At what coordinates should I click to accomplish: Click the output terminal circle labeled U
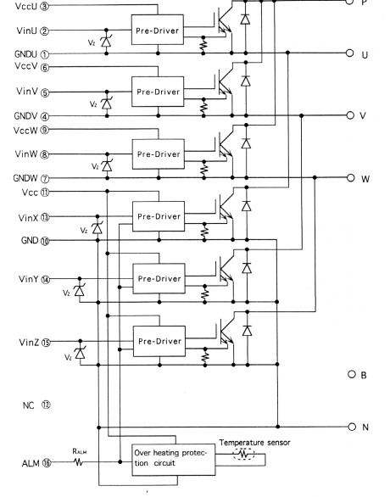pos(349,53)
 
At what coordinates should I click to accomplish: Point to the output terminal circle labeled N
pos(352,427)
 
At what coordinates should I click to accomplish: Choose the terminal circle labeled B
pos(352,374)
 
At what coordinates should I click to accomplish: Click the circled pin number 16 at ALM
pos(47,463)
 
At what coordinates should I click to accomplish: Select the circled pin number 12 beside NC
pos(46,405)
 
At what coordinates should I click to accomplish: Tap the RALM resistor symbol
pos(78,462)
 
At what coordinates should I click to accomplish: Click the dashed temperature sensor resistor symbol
pos(243,454)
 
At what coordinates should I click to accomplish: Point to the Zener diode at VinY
pos(79,290)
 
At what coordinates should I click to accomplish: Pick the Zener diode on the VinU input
pos(106,42)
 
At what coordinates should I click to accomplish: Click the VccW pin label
pos(25,131)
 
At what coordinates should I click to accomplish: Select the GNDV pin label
pos(25,116)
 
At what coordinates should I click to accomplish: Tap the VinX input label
pos(28,218)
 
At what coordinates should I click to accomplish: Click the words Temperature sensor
pos(254,443)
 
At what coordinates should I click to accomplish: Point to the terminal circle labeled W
pos(350,177)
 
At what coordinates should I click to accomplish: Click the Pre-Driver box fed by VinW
pos(159,154)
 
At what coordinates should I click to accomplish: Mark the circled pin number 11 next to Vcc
pos(45,193)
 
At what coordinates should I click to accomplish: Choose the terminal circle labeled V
pos(350,115)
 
